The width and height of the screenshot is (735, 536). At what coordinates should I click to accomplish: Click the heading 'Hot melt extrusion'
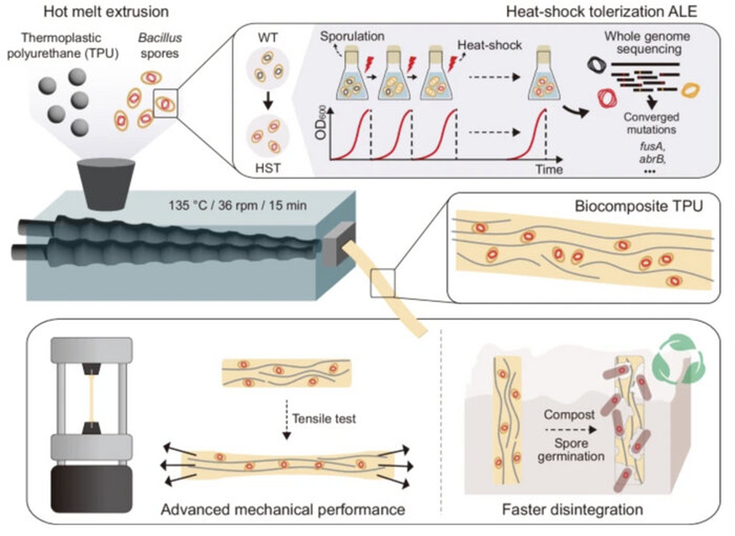(x=106, y=12)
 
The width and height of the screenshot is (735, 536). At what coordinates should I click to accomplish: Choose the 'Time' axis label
(x=549, y=169)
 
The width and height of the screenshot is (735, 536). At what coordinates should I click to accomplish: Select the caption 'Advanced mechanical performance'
(x=283, y=510)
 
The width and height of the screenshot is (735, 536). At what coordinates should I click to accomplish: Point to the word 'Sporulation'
(x=352, y=35)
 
